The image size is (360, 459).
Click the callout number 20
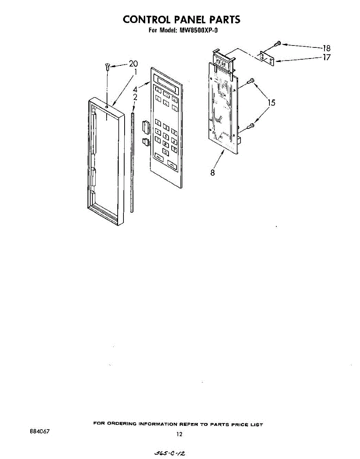point(133,64)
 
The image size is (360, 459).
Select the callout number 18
point(326,48)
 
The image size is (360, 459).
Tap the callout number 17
point(326,58)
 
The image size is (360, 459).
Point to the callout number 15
point(271,103)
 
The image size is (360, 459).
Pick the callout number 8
point(212,173)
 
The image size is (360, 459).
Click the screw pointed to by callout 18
point(279,44)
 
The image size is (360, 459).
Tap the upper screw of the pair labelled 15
point(251,81)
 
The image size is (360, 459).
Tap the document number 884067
point(40,431)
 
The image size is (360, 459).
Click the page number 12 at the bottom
point(179,434)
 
